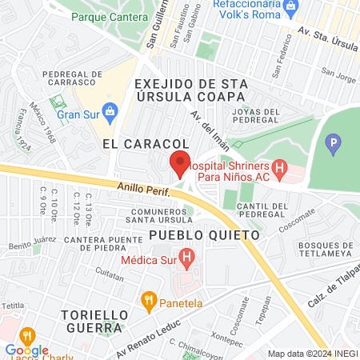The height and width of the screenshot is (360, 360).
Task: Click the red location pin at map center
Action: click(180, 164)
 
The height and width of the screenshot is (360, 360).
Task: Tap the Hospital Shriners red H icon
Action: click(278, 168)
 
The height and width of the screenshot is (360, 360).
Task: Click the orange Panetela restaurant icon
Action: click(147, 301)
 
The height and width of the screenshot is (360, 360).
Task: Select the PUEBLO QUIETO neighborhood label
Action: click(205, 236)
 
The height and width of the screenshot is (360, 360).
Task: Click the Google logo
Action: click(26, 350)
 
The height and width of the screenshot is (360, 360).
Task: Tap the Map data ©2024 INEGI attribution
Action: click(311, 354)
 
